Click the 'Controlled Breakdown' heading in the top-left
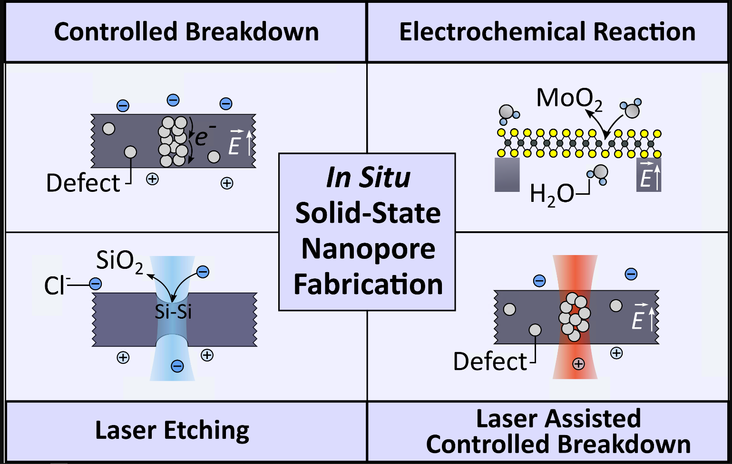coord(186,32)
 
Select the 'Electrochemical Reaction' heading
coord(547,32)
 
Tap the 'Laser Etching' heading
coord(172,431)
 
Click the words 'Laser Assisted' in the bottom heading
coord(558,419)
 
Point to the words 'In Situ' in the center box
coord(368,178)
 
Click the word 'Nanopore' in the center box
coord(368,248)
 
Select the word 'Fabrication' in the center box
coord(368,284)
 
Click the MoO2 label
coord(569,99)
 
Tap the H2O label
coord(552,194)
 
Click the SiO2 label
coord(119,261)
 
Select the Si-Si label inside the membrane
coord(173,312)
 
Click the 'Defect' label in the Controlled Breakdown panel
coord(83,183)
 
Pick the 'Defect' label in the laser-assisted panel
coord(490,362)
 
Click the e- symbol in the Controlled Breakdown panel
coord(205,137)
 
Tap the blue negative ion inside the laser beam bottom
coord(177,366)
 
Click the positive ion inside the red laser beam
coord(578,364)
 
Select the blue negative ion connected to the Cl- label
coord(96,284)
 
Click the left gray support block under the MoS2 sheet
coord(507,175)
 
